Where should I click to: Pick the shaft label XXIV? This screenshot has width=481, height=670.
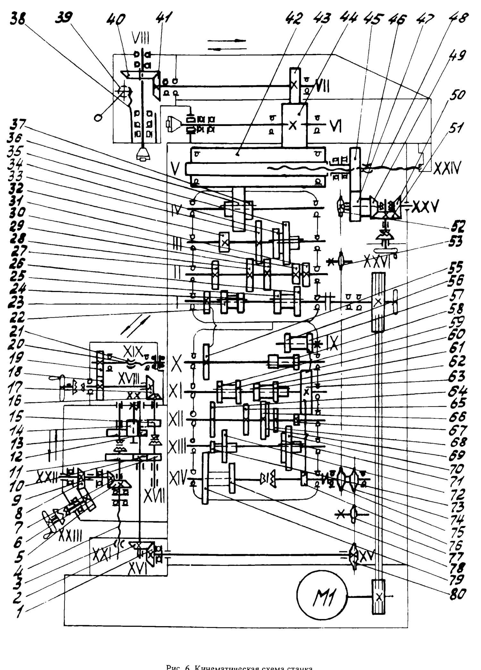pyautogui.click(x=447, y=167)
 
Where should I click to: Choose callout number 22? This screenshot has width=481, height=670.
pyautogui.click(x=16, y=317)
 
